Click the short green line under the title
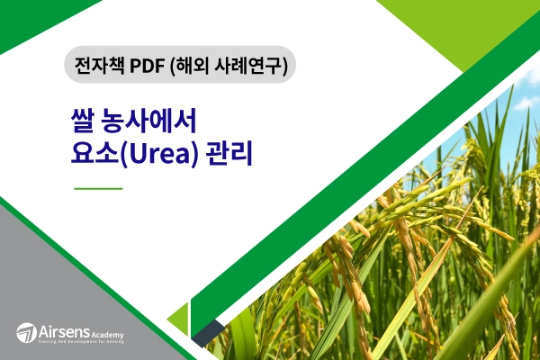[97, 189]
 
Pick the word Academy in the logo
[106, 334]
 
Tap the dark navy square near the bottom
[206, 334]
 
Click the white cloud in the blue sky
[517, 135]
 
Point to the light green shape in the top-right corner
[477, 27]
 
